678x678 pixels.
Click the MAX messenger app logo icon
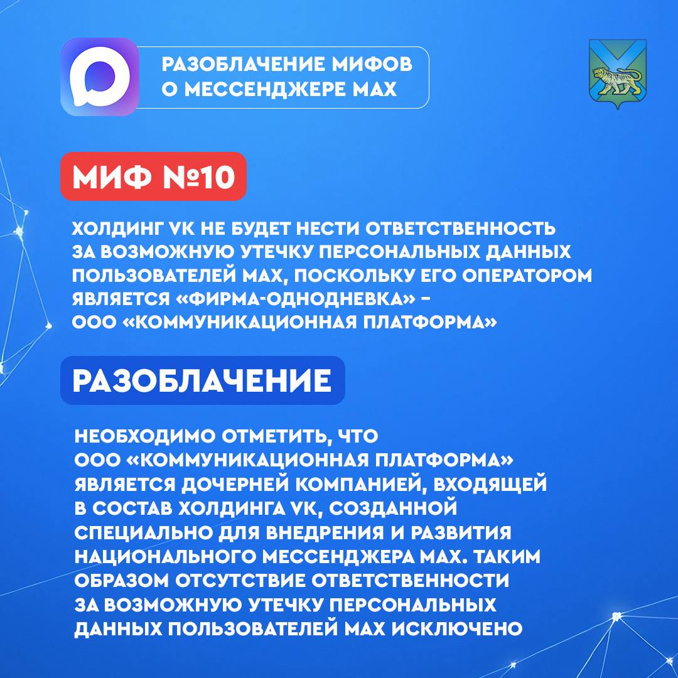tap(99, 77)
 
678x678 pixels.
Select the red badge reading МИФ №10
tap(154, 176)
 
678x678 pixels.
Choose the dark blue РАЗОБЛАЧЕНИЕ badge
tap(202, 380)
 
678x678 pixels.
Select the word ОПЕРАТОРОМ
tap(527, 276)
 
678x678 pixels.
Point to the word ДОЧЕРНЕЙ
tap(235, 485)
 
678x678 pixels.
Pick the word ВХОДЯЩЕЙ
tap(490, 485)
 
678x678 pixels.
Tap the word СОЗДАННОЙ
tap(393, 508)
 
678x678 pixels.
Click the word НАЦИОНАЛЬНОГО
tap(166, 557)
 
